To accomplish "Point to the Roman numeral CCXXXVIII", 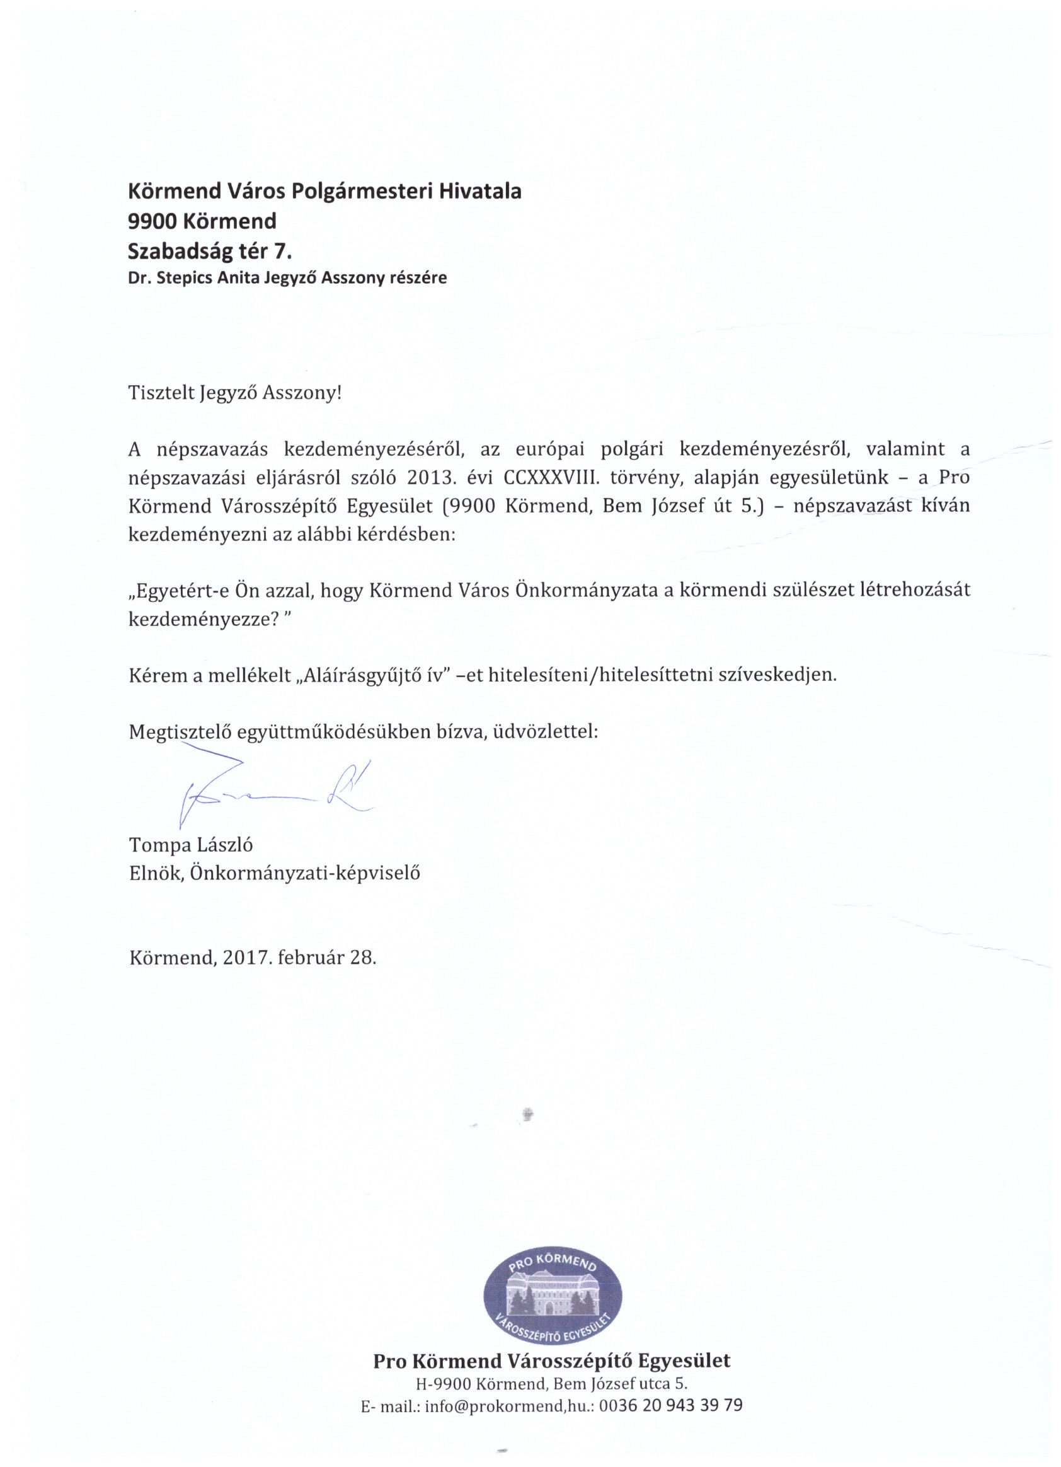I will (551, 477).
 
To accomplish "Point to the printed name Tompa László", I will (191, 845).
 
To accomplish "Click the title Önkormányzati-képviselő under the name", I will (304, 873).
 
